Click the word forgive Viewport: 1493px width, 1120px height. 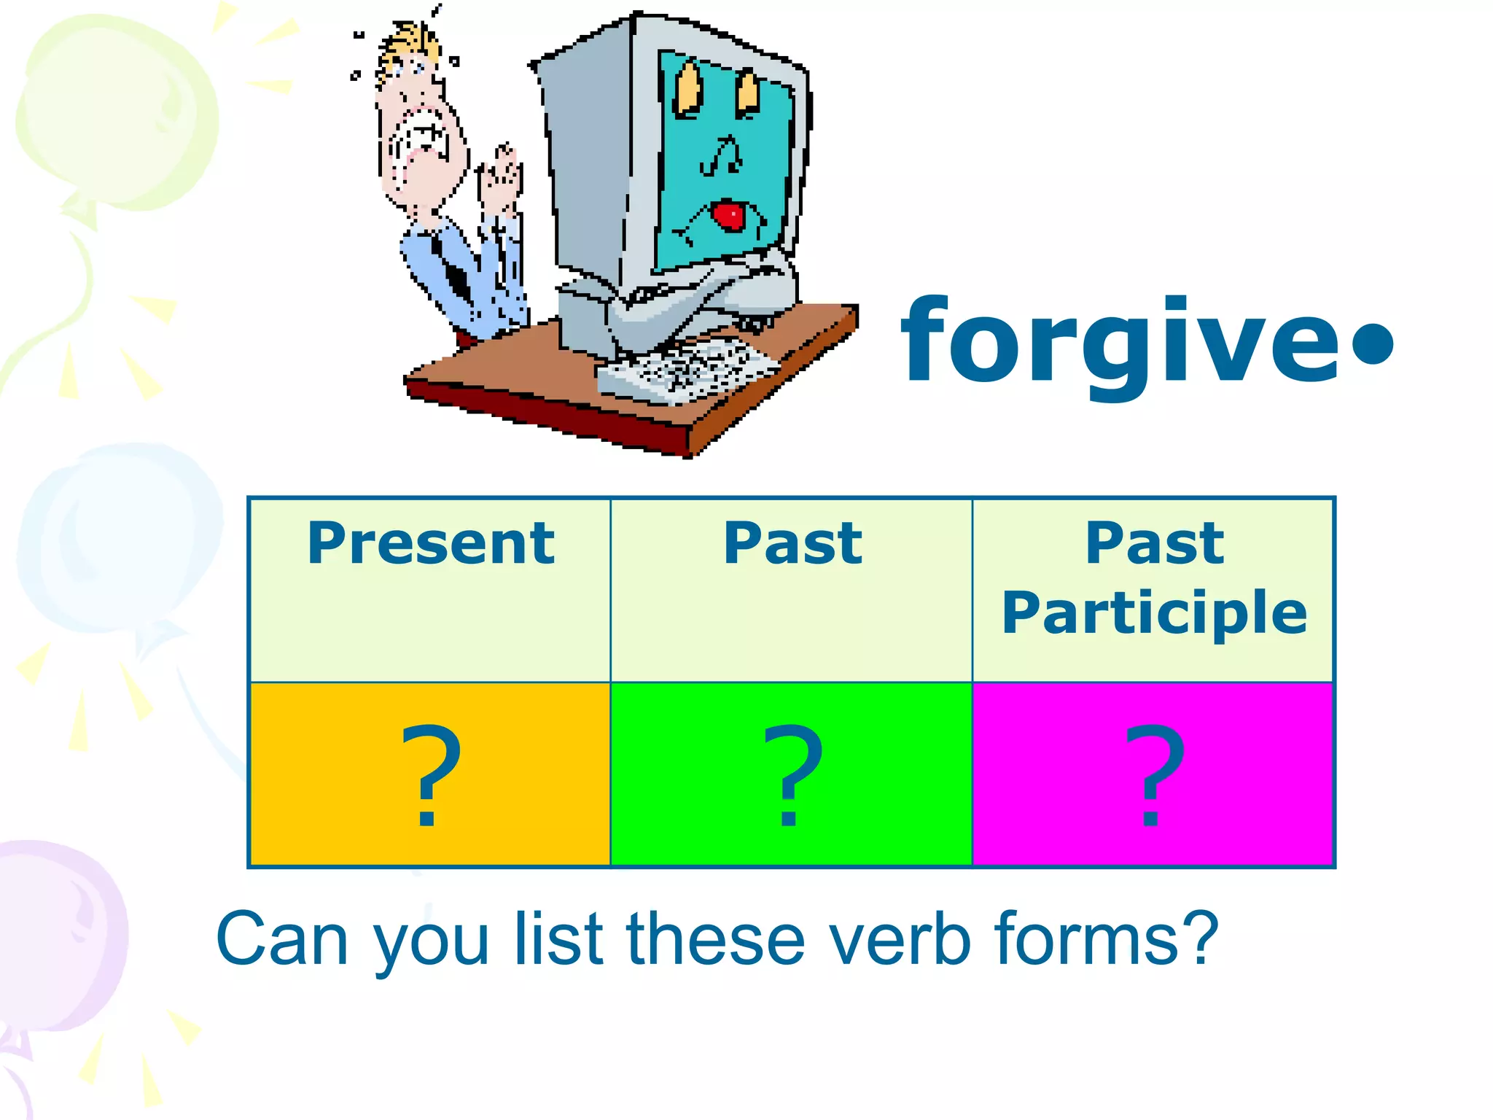(1119, 343)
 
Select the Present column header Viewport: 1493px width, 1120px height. (431, 543)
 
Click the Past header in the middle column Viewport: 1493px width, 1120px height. (792, 543)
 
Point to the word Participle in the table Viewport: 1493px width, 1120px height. (1154, 613)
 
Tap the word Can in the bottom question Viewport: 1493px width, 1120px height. (281, 940)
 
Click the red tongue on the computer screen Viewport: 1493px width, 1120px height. (728, 216)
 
